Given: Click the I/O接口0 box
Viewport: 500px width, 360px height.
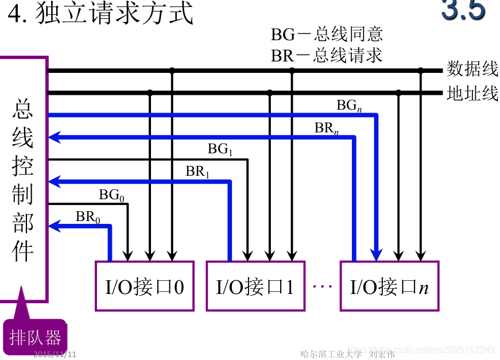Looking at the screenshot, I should tap(144, 286).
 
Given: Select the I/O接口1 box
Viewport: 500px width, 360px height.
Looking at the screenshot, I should tap(255, 286).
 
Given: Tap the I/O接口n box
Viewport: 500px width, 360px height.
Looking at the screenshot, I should tap(389, 286).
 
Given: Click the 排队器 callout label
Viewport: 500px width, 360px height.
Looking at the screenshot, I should tap(35, 336).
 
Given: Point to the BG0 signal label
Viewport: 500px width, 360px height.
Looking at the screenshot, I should tap(111, 195).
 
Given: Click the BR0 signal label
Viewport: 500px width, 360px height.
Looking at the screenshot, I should tap(88, 217).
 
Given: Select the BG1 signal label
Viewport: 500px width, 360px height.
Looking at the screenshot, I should tap(220, 150).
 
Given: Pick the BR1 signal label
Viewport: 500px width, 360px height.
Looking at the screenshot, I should tap(197, 171).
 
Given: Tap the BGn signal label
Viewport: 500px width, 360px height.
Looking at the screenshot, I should tap(349, 106).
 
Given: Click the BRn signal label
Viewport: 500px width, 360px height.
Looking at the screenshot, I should tap(327, 128).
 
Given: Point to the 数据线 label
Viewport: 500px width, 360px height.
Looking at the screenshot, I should tap(472, 69).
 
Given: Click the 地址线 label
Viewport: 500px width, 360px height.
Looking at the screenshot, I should tap(472, 93).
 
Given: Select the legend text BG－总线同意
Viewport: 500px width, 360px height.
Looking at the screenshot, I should tap(327, 34).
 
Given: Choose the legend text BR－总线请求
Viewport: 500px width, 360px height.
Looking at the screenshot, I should tap(327, 55).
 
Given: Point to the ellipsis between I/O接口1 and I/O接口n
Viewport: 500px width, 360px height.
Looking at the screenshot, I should tap(323, 285).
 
